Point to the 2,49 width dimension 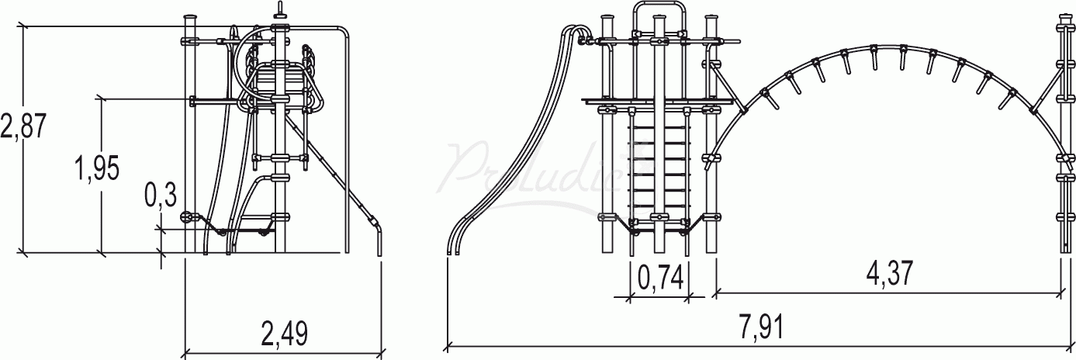284,334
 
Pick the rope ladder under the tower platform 659,167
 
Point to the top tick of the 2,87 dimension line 23,26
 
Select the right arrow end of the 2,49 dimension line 381,350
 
